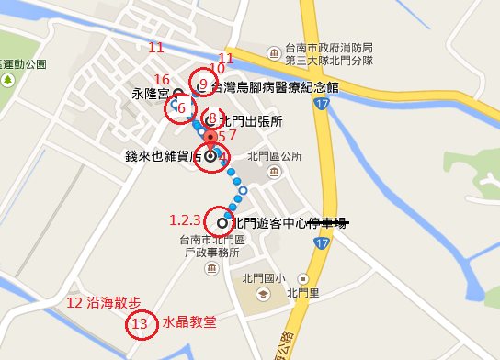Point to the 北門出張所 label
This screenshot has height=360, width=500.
coord(250,120)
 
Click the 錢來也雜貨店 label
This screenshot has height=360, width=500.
coord(164,157)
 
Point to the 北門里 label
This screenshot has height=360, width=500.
coord(302,294)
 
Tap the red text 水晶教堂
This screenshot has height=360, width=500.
coord(189,322)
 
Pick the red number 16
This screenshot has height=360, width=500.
coord(162,80)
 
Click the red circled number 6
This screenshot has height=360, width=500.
coord(181,108)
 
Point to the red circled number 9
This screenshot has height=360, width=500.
coord(202,84)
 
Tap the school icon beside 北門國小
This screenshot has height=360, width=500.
coord(263,294)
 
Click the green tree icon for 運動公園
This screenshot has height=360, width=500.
coord(8,80)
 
